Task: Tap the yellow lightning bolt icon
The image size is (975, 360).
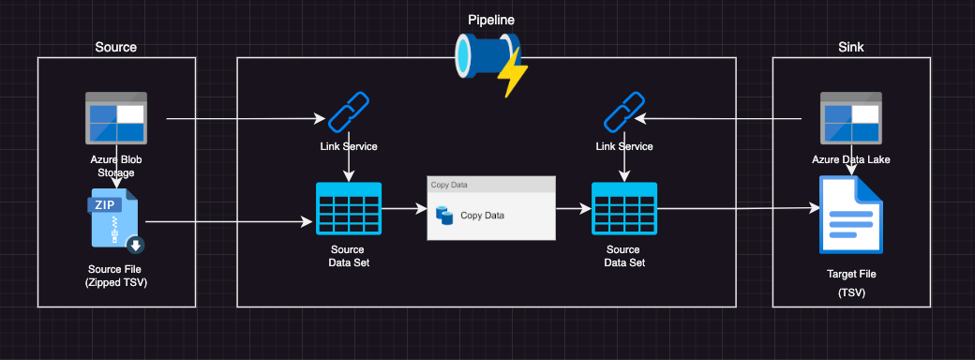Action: tap(514, 74)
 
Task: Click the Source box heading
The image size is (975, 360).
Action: tap(116, 47)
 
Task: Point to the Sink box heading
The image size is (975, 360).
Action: tap(851, 47)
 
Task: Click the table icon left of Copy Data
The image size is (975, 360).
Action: tap(349, 208)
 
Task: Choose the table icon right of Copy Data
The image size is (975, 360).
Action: tap(624, 208)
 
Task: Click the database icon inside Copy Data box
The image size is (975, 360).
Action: tap(444, 216)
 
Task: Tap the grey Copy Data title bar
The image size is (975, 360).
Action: tap(490, 185)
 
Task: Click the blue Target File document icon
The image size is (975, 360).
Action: tap(851, 215)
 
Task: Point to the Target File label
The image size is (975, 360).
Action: tap(851, 275)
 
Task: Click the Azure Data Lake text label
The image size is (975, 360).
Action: tap(851, 159)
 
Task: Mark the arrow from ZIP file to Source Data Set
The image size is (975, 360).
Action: tap(230, 222)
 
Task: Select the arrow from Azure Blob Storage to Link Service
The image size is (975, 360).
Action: tap(244, 119)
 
